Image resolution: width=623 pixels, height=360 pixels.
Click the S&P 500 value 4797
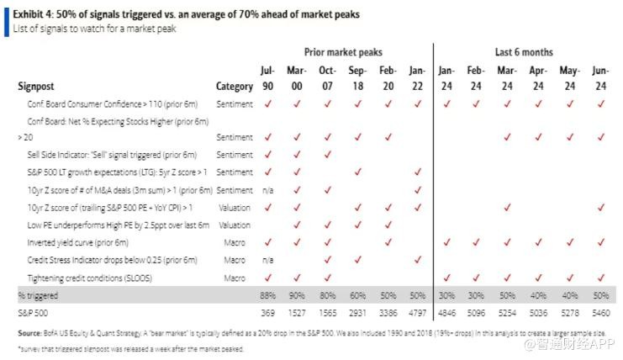point(417,313)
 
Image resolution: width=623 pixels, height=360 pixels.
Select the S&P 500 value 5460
point(600,313)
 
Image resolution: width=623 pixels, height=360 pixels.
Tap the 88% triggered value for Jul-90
point(268,295)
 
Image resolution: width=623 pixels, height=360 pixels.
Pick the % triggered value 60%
point(356,295)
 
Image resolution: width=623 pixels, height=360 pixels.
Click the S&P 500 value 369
point(268,313)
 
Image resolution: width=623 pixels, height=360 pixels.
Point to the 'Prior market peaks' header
point(343,51)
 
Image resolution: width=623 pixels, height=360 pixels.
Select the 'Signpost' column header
point(37,86)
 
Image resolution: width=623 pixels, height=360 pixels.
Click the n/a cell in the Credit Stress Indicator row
point(268,260)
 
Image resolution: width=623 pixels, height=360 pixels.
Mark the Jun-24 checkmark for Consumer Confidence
point(600,103)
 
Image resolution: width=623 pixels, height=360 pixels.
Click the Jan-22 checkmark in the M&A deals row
point(417,190)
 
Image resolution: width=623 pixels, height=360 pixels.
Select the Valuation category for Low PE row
point(235,225)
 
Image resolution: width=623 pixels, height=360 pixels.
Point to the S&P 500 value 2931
point(356,313)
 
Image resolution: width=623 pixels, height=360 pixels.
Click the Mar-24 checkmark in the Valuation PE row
point(507,207)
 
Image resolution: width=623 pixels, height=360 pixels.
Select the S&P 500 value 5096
point(477,313)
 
